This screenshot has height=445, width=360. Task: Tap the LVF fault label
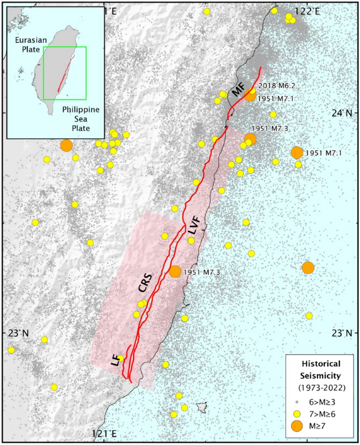point(194,226)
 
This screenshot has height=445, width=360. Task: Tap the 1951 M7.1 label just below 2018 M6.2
point(277,98)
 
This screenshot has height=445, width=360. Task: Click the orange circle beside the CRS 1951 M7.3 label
point(175,272)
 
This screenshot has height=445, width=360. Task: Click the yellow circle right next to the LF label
point(120,358)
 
